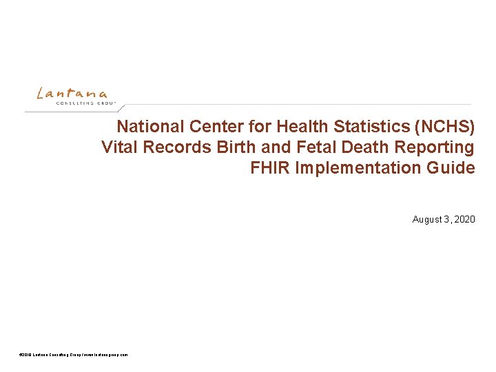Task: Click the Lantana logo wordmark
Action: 72,93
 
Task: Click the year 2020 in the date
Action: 464,220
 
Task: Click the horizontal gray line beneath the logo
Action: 276,105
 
